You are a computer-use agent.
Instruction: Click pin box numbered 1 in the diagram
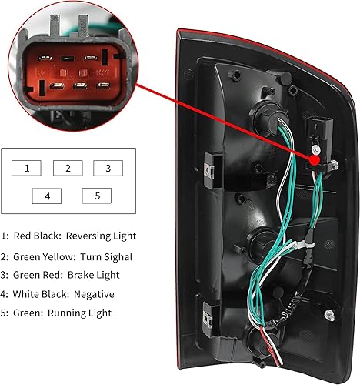(27, 168)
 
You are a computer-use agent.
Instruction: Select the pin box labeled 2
(68, 168)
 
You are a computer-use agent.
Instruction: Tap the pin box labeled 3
(108, 168)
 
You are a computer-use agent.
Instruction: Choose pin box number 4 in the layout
(47, 196)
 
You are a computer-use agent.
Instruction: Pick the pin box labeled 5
(97, 196)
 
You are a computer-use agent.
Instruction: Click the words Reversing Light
(102, 236)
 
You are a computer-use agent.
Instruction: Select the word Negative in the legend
(91, 294)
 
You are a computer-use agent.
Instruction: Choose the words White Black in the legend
(36, 294)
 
